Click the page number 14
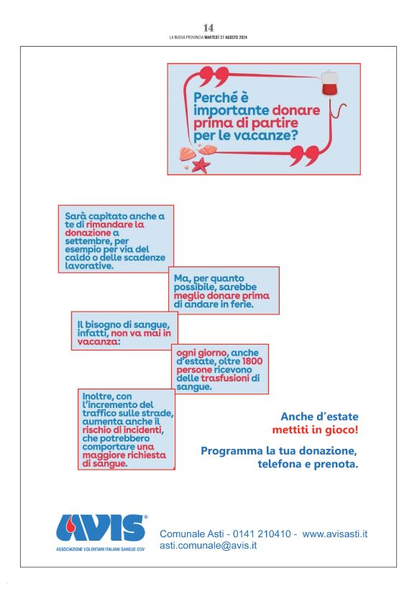208,27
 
